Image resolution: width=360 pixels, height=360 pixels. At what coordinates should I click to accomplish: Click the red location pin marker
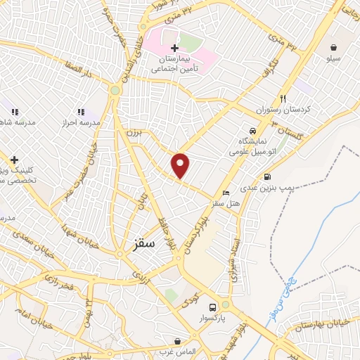tap(181, 165)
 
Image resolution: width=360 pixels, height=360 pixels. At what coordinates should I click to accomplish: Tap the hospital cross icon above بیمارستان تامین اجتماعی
tap(174, 48)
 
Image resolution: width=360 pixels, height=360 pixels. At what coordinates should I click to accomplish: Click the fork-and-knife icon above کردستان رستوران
tap(283, 98)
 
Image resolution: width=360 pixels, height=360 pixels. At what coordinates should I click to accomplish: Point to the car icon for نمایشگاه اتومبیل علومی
tap(252, 131)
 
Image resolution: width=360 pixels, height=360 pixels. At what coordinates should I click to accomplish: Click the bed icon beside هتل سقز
tap(225, 193)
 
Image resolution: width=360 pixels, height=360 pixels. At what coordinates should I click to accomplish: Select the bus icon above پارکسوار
tap(212, 307)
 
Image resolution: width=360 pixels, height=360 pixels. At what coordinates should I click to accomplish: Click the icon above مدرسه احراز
tap(81, 111)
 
